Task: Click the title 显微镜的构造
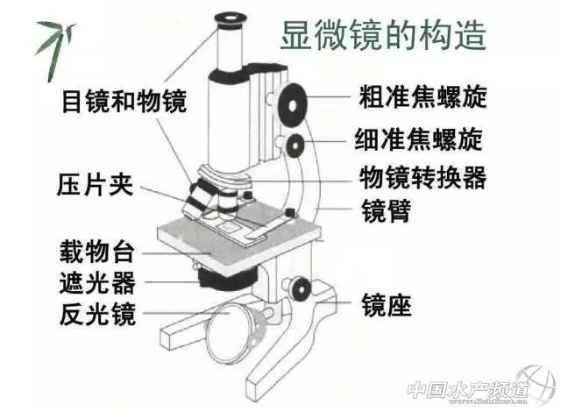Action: (383, 35)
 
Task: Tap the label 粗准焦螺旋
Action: (423, 96)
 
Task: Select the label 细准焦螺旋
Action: (419, 139)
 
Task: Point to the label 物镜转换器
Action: (423, 178)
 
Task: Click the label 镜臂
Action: (386, 211)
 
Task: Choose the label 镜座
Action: (387, 305)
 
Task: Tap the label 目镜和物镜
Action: (124, 101)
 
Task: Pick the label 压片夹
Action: (95, 185)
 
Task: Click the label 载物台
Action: (96, 252)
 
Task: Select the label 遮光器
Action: (97, 282)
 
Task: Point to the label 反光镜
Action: (97, 314)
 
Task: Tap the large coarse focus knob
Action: (293, 106)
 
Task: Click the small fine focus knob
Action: (295, 146)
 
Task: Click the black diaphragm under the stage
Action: (228, 279)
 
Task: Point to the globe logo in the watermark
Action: (536, 386)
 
